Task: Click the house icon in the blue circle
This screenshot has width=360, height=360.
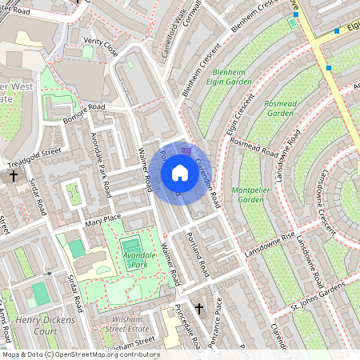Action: [180, 172]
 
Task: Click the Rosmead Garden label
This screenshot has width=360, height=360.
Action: [281, 108]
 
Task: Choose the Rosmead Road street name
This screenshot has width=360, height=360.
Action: [254, 148]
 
